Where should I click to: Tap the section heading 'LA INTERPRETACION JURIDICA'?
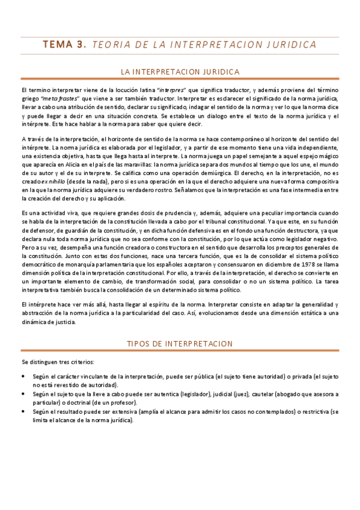click(x=180, y=72)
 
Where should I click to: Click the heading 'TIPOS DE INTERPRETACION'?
click(x=180, y=343)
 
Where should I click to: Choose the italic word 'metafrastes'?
click(x=59, y=98)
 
